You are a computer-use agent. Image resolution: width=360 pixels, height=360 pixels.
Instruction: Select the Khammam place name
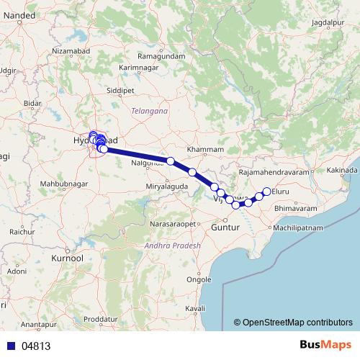pyautogui.click(x=202, y=149)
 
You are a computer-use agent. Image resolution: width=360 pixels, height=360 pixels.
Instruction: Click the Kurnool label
pyautogui.click(x=68, y=257)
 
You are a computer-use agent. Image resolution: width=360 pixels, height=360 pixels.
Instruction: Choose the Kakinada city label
pyautogui.click(x=341, y=170)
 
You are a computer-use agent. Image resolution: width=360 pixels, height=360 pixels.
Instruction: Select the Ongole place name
pyautogui.click(x=199, y=279)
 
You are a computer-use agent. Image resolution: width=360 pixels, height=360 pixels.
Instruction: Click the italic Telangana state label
pyautogui.click(x=149, y=112)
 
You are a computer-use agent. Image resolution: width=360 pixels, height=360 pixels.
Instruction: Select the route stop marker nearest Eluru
pyautogui.click(x=266, y=191)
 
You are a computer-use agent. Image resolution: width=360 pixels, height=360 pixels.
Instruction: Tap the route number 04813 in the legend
pyautogui.click(x=36, y=346)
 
